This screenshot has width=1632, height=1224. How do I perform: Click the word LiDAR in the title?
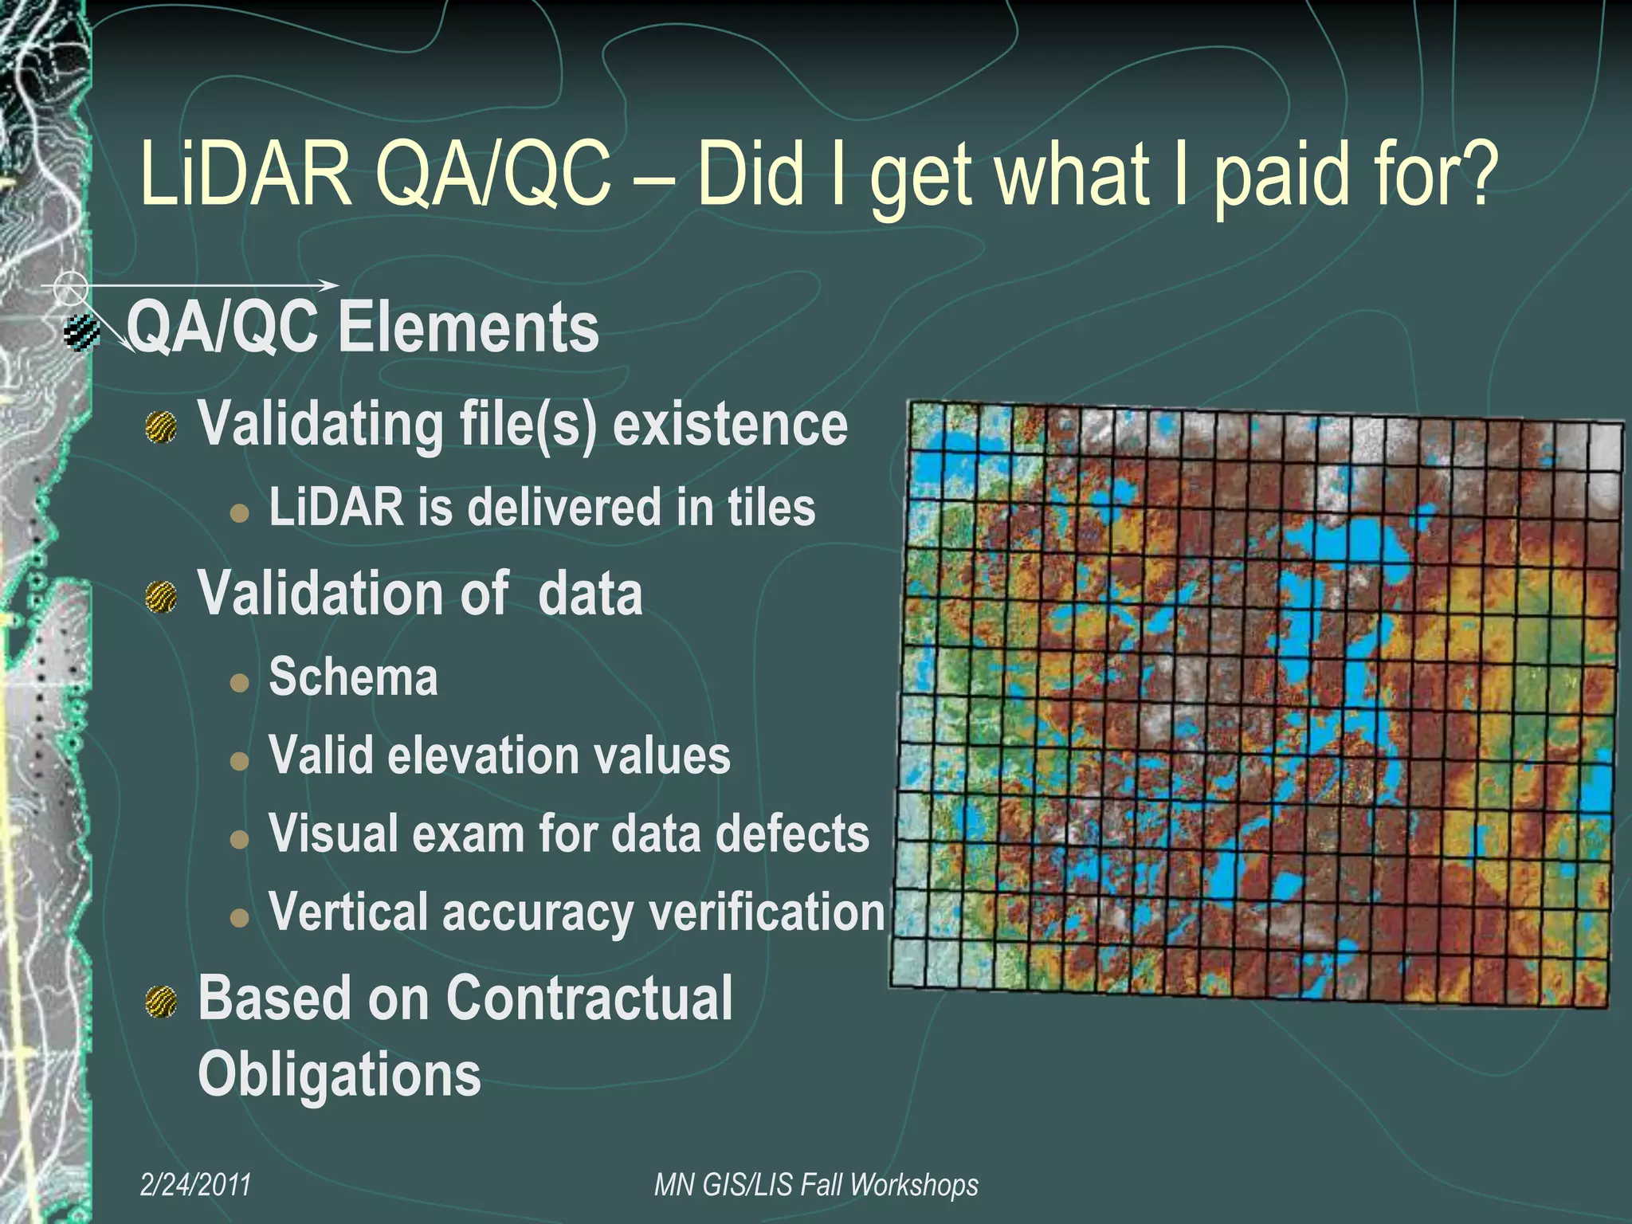[x=245, y=174]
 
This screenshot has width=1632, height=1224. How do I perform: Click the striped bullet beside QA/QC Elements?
[x=82, y=333]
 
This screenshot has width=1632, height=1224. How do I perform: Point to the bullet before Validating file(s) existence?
[x=162, y=428]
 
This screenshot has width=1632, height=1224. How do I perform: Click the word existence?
[x=729, y=425]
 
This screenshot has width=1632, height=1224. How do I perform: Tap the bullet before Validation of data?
[x=162, y=597]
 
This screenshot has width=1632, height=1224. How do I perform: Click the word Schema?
[x=353, y=677]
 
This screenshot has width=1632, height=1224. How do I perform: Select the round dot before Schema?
[x=239, y=683]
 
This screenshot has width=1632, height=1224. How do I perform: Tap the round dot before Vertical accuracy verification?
[x=239, y=918]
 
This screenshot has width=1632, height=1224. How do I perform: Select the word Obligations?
[x=339, y=1075]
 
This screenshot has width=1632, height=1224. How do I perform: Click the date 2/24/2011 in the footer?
[x=196, y=1185]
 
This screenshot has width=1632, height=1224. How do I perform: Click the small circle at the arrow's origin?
[x=71, y=286]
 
